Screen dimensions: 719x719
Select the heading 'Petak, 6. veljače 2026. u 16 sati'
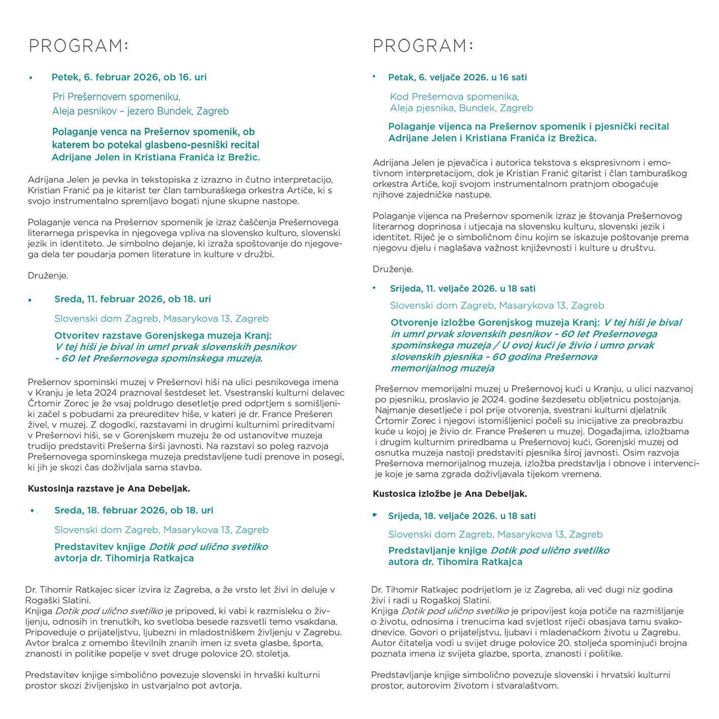click(x=457, y=77)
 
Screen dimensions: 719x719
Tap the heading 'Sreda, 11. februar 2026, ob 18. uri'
click(x=132, y=299)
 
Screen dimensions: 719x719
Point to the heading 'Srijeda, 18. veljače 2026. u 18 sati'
click(x=462, y=516)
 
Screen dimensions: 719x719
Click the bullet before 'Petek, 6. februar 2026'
click(x=31, y=78)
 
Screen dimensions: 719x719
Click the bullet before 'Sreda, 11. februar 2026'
click(x=31, y=300)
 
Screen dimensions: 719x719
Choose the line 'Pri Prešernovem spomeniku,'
click(x=116, y=96)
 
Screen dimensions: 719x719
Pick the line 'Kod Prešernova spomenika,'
click(x=454, y=96)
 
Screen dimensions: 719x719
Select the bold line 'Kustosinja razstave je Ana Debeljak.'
click(x=109, y=489)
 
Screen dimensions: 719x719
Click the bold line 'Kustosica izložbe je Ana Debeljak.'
click(x=450, y=493)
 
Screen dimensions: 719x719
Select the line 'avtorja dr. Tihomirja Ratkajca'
click(x=124, y=558)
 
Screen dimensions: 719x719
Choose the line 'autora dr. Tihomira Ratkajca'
click(x=455, y=562)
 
